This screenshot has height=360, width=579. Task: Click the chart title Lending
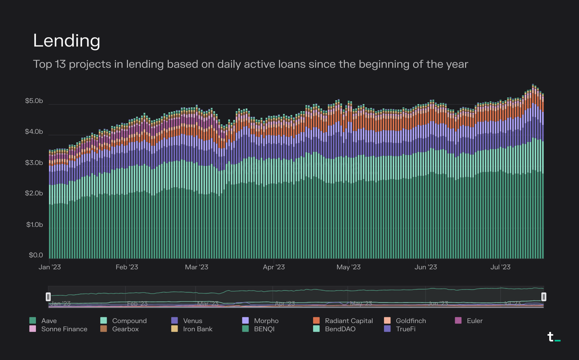point(67,41)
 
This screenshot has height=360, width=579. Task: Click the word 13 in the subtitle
point(60,64)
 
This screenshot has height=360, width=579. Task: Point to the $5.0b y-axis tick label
point(34,101)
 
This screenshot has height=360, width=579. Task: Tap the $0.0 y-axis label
point(36,255)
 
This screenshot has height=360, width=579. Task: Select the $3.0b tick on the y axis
point(34,163)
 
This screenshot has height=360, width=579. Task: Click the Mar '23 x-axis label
point(196,267)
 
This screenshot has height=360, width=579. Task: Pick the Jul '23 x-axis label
point(500,267)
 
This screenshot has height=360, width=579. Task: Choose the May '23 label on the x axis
point(348,267)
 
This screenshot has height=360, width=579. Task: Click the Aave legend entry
point(49,321)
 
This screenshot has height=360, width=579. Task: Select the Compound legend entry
point(129,321)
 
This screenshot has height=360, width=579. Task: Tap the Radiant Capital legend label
point(349,321)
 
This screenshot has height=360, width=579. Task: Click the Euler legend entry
point(475,321)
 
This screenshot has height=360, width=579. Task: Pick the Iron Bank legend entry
point(197,329)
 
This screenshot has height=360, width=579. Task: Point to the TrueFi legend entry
point(406,329)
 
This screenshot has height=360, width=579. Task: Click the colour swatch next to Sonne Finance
point(33,329)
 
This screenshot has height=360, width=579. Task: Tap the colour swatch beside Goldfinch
point(387,321)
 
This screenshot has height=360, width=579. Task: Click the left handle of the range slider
point(48,297)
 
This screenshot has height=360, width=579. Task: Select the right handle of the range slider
point(543,297)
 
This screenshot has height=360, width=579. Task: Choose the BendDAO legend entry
point(340,329)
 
